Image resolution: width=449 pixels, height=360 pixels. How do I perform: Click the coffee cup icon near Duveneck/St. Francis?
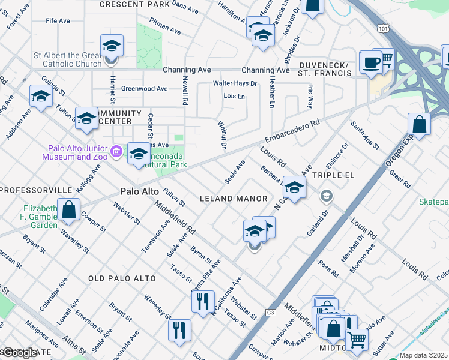(x=370, y=62)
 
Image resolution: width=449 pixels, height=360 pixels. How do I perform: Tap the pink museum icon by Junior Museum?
(x=117, y=152)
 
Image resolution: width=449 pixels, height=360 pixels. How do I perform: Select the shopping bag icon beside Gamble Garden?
(x=69, y=209)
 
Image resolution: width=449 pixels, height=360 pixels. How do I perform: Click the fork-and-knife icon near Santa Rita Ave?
(x=203, y=300)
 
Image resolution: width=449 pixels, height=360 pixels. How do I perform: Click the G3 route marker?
(x=271, y=312)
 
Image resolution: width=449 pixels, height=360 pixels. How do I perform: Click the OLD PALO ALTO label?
(x=122, y=278)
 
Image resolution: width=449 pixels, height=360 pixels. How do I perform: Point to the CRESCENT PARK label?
(x=134, y=4)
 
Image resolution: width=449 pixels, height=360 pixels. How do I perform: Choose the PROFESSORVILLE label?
(x=35, y=190)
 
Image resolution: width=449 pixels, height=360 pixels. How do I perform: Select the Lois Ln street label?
(x=234, y=96)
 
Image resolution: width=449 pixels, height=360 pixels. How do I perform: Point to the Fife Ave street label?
(x=58, y=21)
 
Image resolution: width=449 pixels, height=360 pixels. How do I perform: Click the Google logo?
(x=20, y=353)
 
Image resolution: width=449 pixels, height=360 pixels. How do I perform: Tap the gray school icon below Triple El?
(x=326, y=195)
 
